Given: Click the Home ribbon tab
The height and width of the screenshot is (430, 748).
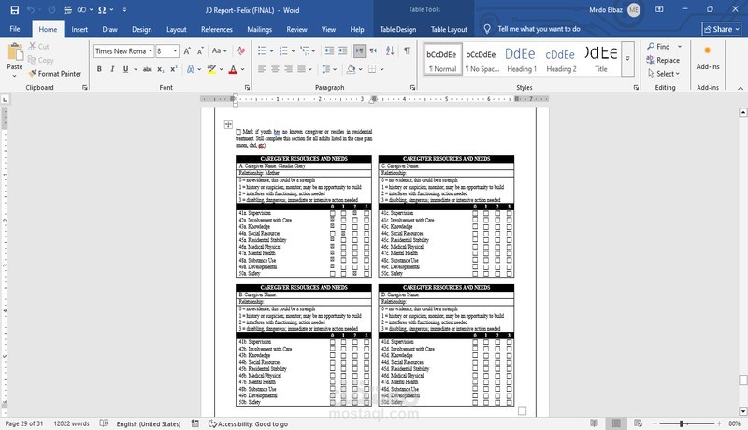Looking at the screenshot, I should click(48, 29).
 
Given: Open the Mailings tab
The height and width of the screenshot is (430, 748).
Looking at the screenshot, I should click(260, 29).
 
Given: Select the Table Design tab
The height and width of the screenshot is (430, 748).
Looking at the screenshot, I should click(398, 29).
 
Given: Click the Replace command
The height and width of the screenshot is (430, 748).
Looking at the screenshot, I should click(663, 60).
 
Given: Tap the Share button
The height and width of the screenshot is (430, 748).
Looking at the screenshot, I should click(717, 29).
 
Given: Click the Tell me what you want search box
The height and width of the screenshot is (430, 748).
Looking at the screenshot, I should click(539, 29).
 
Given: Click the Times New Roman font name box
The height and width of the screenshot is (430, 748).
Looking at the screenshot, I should click(120, 50).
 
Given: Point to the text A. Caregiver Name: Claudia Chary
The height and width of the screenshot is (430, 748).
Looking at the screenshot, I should click(272, 165).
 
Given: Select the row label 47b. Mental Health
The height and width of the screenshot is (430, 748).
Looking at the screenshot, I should click(257, 381).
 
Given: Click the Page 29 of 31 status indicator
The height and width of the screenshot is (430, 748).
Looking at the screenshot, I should click(24, 423).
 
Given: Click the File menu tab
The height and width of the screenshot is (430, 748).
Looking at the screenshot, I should click(15, 29).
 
